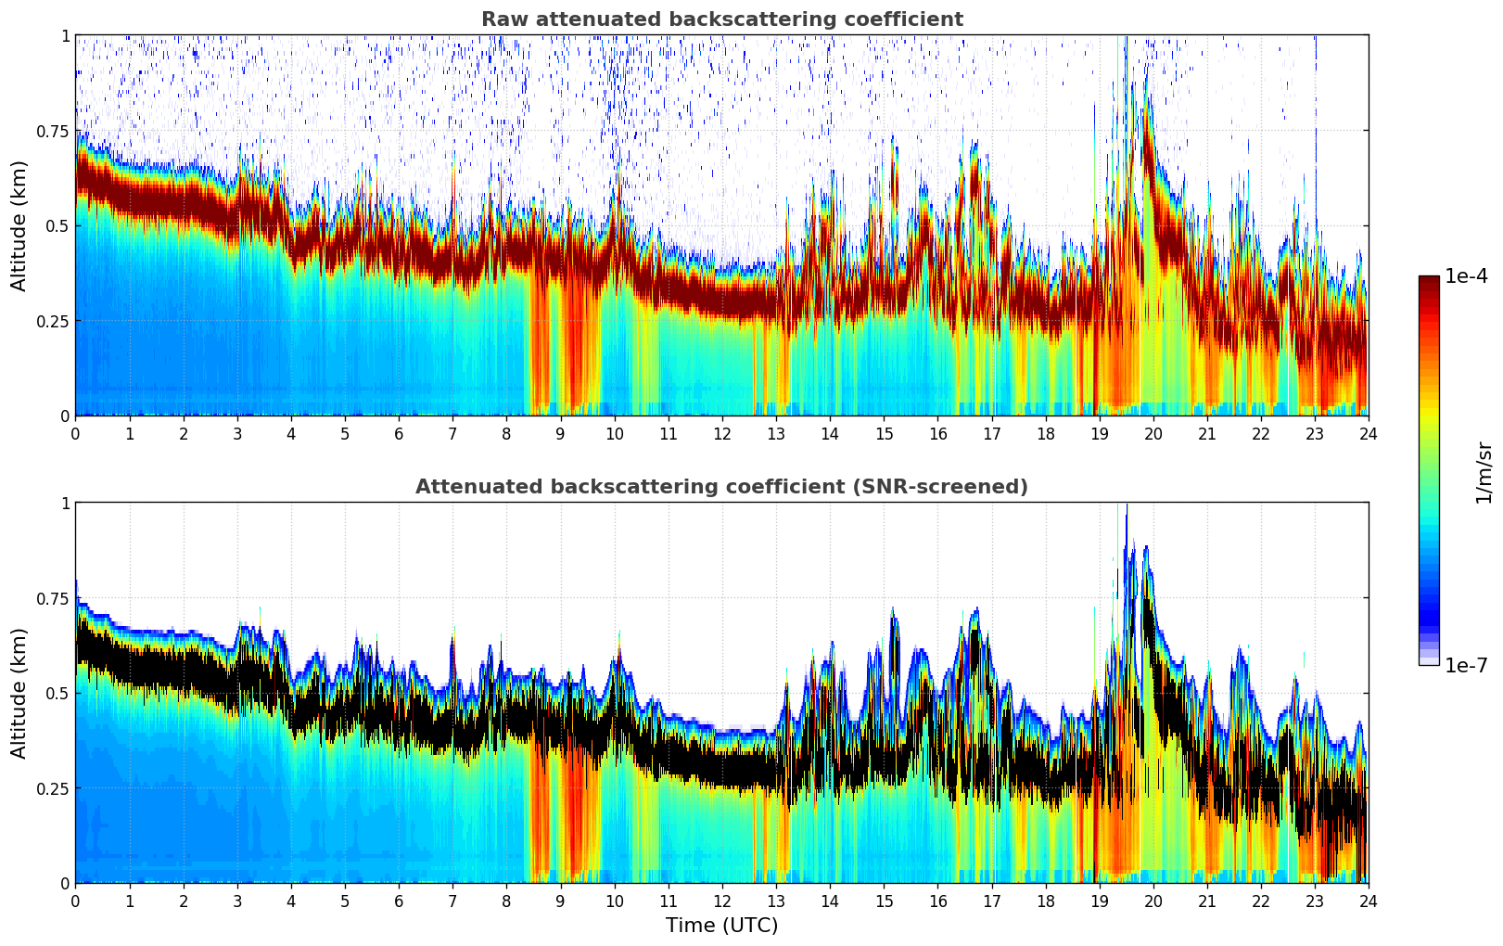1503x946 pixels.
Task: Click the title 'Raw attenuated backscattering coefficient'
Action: point(721,19)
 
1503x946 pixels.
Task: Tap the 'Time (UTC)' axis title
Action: point(721,926)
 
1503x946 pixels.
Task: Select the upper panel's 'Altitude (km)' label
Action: point(19,225)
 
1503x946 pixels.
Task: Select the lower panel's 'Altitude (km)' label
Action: point(19,693)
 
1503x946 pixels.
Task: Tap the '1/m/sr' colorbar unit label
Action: point(1484,473)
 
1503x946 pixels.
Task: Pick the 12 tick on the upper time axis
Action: point(722,433)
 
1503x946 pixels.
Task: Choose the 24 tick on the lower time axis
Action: point(1369,901)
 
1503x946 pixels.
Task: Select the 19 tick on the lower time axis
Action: point(1099,901)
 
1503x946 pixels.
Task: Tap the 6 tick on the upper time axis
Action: point(399,433)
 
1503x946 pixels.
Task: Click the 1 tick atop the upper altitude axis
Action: point(65,35)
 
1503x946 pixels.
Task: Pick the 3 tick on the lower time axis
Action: point(237,901)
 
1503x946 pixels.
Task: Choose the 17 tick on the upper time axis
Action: point(991,433)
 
